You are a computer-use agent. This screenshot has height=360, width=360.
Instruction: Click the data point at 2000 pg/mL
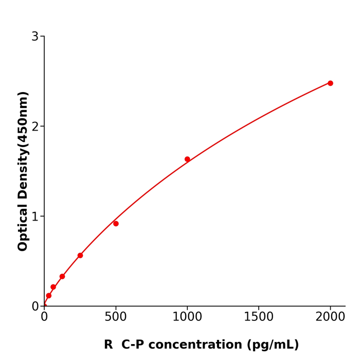point(330,83)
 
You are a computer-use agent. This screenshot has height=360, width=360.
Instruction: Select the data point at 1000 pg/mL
point(187,159)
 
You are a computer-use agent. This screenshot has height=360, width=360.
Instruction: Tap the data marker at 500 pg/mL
point(116,224)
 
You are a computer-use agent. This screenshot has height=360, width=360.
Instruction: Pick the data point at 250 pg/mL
point(80,256)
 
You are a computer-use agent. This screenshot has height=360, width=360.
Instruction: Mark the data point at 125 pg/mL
point(62,277)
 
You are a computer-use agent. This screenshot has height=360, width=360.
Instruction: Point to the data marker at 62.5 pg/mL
point(53,287)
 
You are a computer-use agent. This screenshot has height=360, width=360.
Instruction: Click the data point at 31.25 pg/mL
point(49,296)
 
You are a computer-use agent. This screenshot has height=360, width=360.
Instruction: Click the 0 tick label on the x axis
point(44,317)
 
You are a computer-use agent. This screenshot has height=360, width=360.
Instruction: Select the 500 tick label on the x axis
point(116,317)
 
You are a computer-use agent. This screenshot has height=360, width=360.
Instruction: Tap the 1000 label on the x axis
point(187,317)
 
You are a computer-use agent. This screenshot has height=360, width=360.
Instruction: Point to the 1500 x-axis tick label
point(259,317)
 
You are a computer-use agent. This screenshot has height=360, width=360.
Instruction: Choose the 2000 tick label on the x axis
point(330,317)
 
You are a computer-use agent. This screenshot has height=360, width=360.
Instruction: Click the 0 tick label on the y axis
point(35,307)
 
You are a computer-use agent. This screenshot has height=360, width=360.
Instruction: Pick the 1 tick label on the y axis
point(35,217)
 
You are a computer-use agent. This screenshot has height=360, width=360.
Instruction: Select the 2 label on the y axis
point(35,127)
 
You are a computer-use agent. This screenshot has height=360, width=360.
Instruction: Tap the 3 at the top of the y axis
point(35,37)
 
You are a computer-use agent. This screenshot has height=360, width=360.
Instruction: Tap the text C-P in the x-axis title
point(133,345)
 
